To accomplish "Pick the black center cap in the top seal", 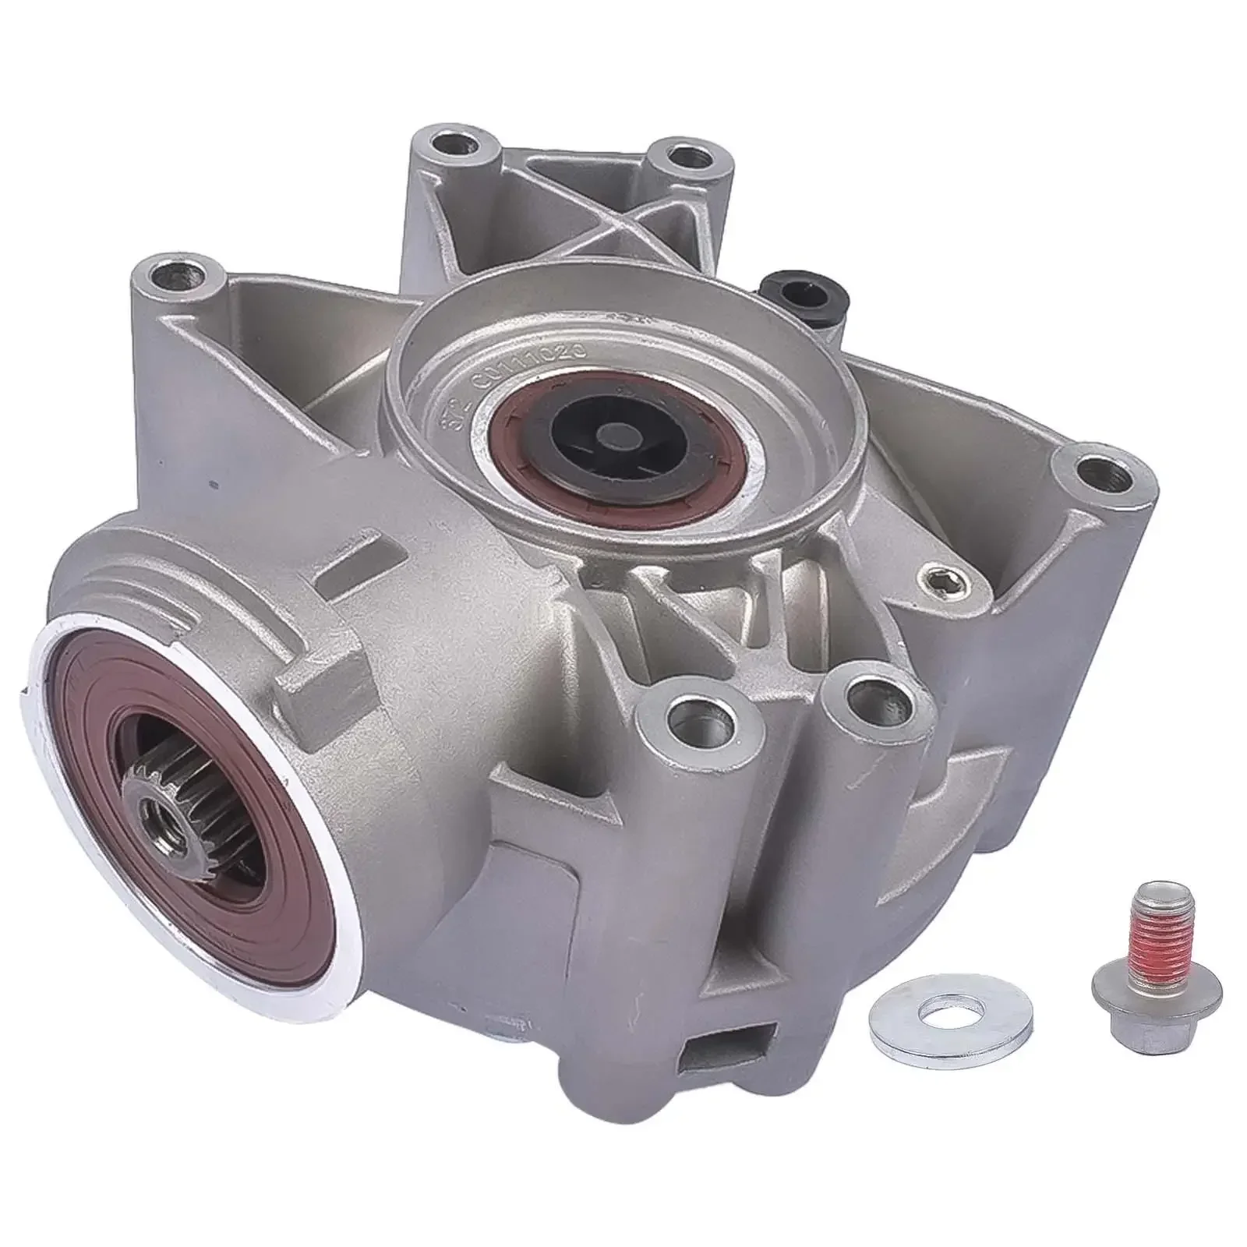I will [x=616, y=433].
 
